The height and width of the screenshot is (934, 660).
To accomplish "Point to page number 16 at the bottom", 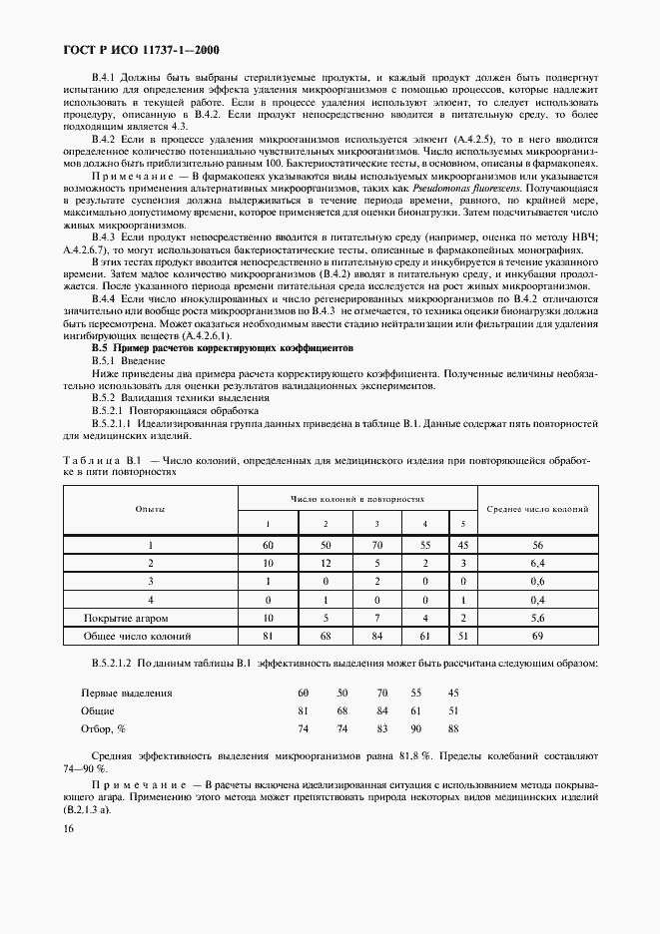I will click(x=69, y=828).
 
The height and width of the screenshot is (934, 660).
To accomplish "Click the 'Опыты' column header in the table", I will click(x=150, y=509).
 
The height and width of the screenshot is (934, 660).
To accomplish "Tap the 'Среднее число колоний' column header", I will click(x=537, y=509).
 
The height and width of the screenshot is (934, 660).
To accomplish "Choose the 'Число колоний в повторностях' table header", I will click(x=357, y=496).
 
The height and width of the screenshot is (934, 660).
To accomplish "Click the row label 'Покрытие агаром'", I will click(x=150, y=618).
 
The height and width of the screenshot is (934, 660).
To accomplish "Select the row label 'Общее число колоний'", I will click(x=150, y=636).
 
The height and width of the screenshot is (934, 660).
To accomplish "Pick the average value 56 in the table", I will click(x=537, y=546).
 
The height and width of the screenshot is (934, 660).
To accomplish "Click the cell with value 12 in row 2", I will click(x=325, y=564).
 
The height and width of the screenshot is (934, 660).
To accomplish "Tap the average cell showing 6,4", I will click(x=537, y=564).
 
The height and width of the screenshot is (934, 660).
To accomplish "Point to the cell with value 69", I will click(x=537, y=636).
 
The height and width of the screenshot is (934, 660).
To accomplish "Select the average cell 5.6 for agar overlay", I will click(x=537, y=618).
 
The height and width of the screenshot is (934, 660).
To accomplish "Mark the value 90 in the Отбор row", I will click(x=416, y=728).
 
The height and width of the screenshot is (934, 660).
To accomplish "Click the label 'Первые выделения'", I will click(x=126, y=693).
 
